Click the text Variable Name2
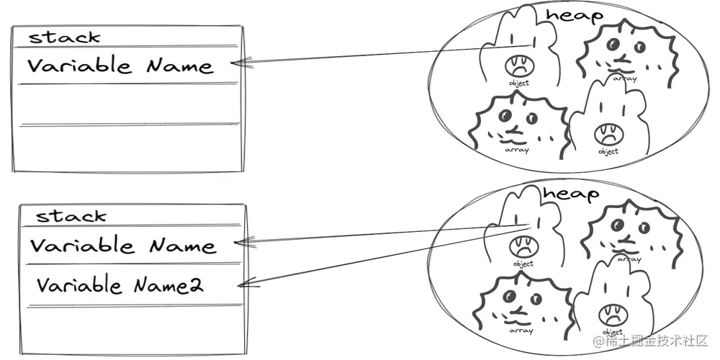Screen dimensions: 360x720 coord(120,286)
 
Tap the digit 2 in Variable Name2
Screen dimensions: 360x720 coord(195,287)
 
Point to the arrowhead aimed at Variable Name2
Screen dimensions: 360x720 coord(243,284)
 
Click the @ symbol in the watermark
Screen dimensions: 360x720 coord(596,340)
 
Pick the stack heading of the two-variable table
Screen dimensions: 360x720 coord(71,215)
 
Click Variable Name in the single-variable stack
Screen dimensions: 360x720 coord(120,66)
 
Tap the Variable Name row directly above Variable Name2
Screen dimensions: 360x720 coord(122,246)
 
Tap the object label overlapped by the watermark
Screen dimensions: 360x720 coord(613,332)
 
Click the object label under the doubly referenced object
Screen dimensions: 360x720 coord(523,264)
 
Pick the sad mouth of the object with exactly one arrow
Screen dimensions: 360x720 coord(518,67)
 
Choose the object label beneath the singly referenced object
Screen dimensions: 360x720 coord(518,83)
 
